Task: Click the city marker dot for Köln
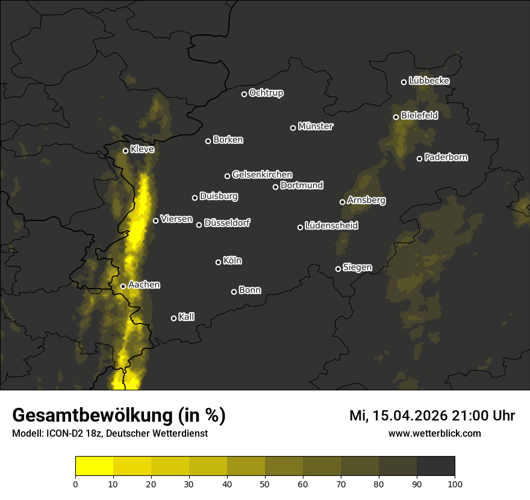(219, 262)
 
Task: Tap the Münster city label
(316, 127)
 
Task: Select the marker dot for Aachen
(123, 286)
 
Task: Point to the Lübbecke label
(429, 81)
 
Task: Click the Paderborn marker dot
(420, 158)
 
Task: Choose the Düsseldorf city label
(227, 223)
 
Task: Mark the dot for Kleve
(126, 151)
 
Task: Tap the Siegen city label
(357, 267)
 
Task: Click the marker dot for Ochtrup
(245, 94)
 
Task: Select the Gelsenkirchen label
(262, 175)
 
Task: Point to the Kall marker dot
(174, 318)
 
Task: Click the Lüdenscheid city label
(331, 226)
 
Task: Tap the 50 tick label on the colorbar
(265, 483)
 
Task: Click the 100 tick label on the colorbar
(455, 483)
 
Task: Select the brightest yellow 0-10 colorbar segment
(95, 466)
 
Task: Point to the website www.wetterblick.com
(435, 433)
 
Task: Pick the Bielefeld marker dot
(396, 117)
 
